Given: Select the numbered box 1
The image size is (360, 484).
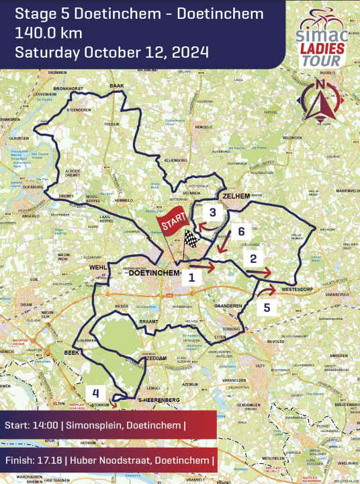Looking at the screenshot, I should coord(191,276).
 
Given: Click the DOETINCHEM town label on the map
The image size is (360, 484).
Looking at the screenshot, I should coord(152,274).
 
